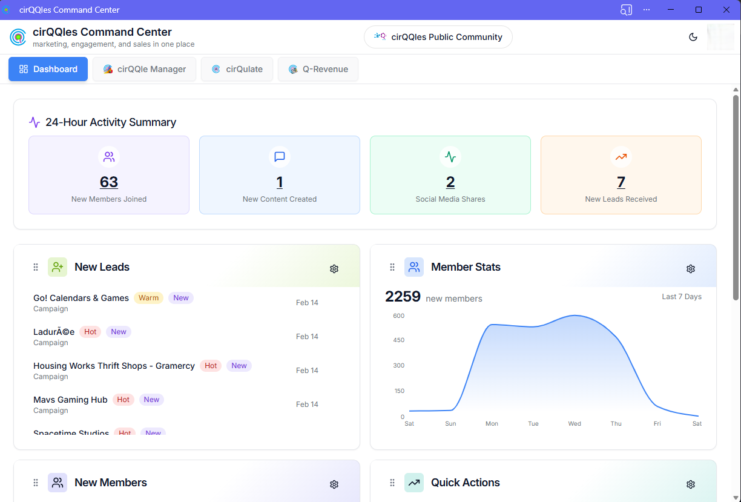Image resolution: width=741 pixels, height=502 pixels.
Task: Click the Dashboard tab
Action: click(48, 69)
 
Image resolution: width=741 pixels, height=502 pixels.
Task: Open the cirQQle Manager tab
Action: click(144, 69)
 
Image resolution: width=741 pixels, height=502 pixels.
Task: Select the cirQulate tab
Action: click(237, 69)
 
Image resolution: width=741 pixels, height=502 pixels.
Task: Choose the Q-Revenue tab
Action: click(318, 69)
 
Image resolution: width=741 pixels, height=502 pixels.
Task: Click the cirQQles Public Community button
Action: click(438, 37)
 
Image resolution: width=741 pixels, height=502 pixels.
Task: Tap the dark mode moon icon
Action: click(693, 37)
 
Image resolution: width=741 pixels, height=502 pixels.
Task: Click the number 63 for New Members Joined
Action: click(109, 182)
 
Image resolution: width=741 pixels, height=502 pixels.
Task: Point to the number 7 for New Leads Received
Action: click(621, 182)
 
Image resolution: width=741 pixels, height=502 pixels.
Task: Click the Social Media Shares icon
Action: click(450, 157)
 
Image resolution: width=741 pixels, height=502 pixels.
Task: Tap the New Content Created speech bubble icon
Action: click(280, 157)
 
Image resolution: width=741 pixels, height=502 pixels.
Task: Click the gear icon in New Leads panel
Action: click(334, 269)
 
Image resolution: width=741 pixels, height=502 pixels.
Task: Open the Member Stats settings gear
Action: click(691, 269)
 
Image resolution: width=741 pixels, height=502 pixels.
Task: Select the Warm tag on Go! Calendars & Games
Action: click(148, 298)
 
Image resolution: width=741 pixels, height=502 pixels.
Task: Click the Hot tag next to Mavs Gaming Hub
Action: click(123, 400)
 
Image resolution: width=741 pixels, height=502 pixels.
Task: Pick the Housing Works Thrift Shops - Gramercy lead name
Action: click(114, 366)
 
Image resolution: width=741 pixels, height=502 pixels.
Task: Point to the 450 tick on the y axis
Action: click(398, 340)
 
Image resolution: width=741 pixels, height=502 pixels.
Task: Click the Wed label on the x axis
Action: click(575, 424)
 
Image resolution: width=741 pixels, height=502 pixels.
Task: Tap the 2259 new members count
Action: click(403, 297)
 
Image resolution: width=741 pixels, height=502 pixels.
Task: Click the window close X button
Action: click(726, 10)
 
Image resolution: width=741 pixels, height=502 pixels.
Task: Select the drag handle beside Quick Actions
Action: click(392, 483)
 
